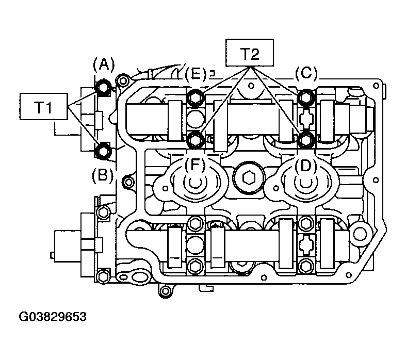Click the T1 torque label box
43,106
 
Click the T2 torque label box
250,53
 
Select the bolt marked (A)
104,87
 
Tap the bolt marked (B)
104,151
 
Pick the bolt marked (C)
306,97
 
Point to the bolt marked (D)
306,140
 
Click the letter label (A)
104,64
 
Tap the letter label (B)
103,175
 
